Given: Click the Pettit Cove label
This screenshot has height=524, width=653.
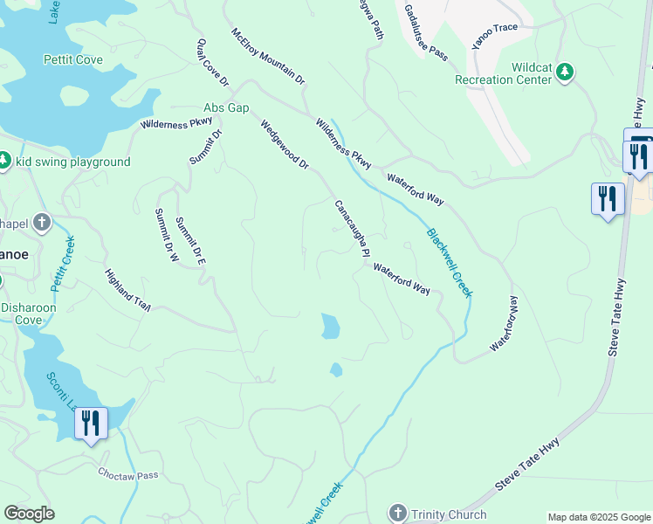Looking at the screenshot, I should [x=73, y=60].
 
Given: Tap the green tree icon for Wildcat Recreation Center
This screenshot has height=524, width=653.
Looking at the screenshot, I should [x=566, y=71].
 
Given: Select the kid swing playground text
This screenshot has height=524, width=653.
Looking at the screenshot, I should [x=72, y=162].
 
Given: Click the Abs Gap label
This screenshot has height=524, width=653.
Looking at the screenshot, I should [x=226, y=107].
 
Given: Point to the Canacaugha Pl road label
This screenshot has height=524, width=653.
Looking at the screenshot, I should [x=350, y=229].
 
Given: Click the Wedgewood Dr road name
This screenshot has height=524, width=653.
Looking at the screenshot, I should [x=285, y=145].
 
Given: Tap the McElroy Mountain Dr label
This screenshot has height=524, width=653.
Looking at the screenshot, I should [x=268, y=57].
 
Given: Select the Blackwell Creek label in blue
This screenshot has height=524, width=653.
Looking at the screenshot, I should [x=450, y=263].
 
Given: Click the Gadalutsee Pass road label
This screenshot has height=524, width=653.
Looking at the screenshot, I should [x=426, y=32].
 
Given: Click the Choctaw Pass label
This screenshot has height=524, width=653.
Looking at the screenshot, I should [x=127, y=475].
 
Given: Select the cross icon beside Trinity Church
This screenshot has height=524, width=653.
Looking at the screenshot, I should [x=398, y=513].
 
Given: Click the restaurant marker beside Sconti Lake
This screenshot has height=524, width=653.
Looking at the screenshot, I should [x=91, y=424].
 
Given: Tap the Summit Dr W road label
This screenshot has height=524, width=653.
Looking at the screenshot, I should [x=166, y=236].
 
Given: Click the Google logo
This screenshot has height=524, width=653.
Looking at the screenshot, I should [x=29, y=514].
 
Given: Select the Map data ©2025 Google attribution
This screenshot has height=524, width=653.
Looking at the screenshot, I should [x=598, y=517].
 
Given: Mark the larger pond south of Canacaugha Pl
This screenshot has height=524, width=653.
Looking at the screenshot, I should [x=330, y=327].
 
